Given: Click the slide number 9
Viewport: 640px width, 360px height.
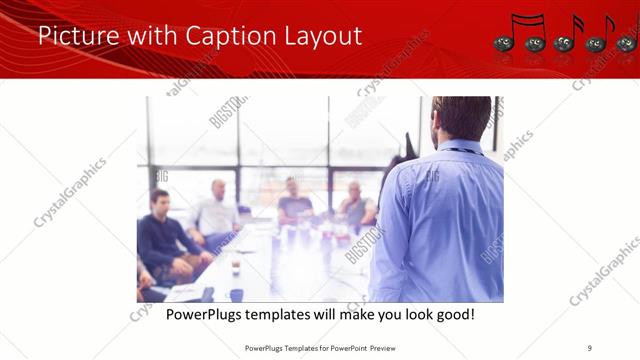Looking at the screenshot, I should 589,347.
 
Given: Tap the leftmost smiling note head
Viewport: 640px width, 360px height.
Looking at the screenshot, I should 504,43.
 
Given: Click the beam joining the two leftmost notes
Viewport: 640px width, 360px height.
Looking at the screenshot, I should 524,18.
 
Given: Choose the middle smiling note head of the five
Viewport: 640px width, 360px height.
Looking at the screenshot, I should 564,43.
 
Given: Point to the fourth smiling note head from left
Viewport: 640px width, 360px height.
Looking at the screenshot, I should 596,43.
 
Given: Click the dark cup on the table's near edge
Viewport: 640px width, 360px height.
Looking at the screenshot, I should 236,294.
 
